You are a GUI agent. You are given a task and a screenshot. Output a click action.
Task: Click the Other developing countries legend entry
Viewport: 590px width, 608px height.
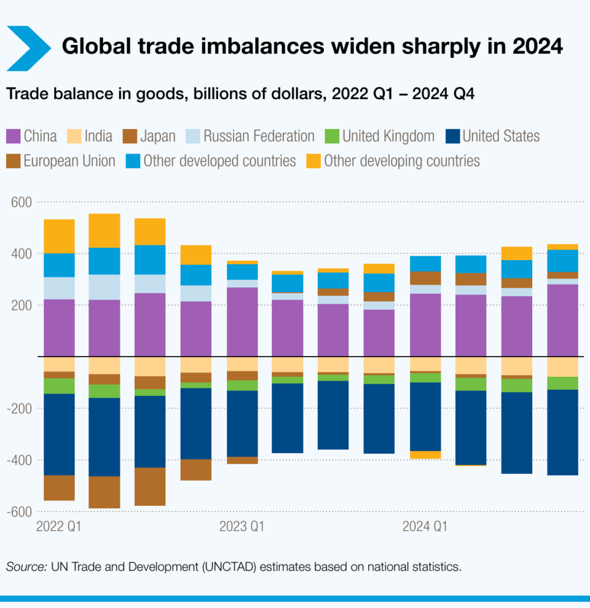(x=393, y=161)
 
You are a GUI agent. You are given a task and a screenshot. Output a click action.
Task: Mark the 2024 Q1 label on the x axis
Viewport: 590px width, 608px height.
(x=425, y=527)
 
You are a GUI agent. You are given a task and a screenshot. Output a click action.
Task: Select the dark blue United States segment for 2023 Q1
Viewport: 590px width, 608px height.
(x=242, y=424)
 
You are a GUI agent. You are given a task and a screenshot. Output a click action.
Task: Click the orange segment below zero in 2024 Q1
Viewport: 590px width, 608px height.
(x=425, y=455)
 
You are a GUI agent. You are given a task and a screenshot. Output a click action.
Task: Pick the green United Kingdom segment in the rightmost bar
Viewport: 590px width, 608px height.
(x=562, y=383)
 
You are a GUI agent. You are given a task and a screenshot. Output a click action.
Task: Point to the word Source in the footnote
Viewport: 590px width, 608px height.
(x=26, y=567)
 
